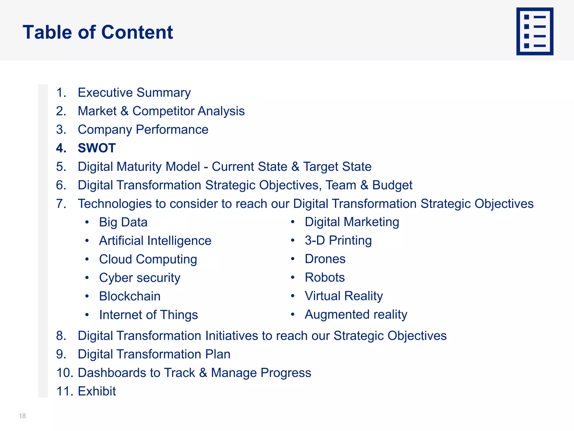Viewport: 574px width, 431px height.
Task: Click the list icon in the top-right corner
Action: (x=534, y=31)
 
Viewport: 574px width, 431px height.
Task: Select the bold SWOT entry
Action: (x=96, y=148)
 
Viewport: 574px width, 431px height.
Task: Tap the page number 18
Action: (x=22, y=416)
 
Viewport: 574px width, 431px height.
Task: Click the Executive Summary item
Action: (x=134, y=93)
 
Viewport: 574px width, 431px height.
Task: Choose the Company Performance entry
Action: (x=143, y=130)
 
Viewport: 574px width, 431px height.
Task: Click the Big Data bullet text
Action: (x=123, y=222)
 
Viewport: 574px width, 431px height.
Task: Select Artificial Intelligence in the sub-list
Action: (x=155, y=241)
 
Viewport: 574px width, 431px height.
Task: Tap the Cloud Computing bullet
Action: (x=148, y=259)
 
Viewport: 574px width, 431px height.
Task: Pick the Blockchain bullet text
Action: (x=129, y=296)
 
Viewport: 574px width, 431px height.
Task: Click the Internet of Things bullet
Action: (x=148, y=315)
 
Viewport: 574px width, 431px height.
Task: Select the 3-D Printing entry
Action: (x=338, y=240)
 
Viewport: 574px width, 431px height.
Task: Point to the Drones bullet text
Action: (x=325, y=259)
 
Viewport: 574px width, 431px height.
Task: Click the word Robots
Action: (x=325, y=278)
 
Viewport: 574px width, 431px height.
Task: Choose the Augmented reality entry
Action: (x=356, y=315)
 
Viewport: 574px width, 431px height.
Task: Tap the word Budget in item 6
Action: (x=392, y=185)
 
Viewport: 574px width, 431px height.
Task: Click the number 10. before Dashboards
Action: (x=65, y=373)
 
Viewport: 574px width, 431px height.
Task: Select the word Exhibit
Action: (x=97, y=391)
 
